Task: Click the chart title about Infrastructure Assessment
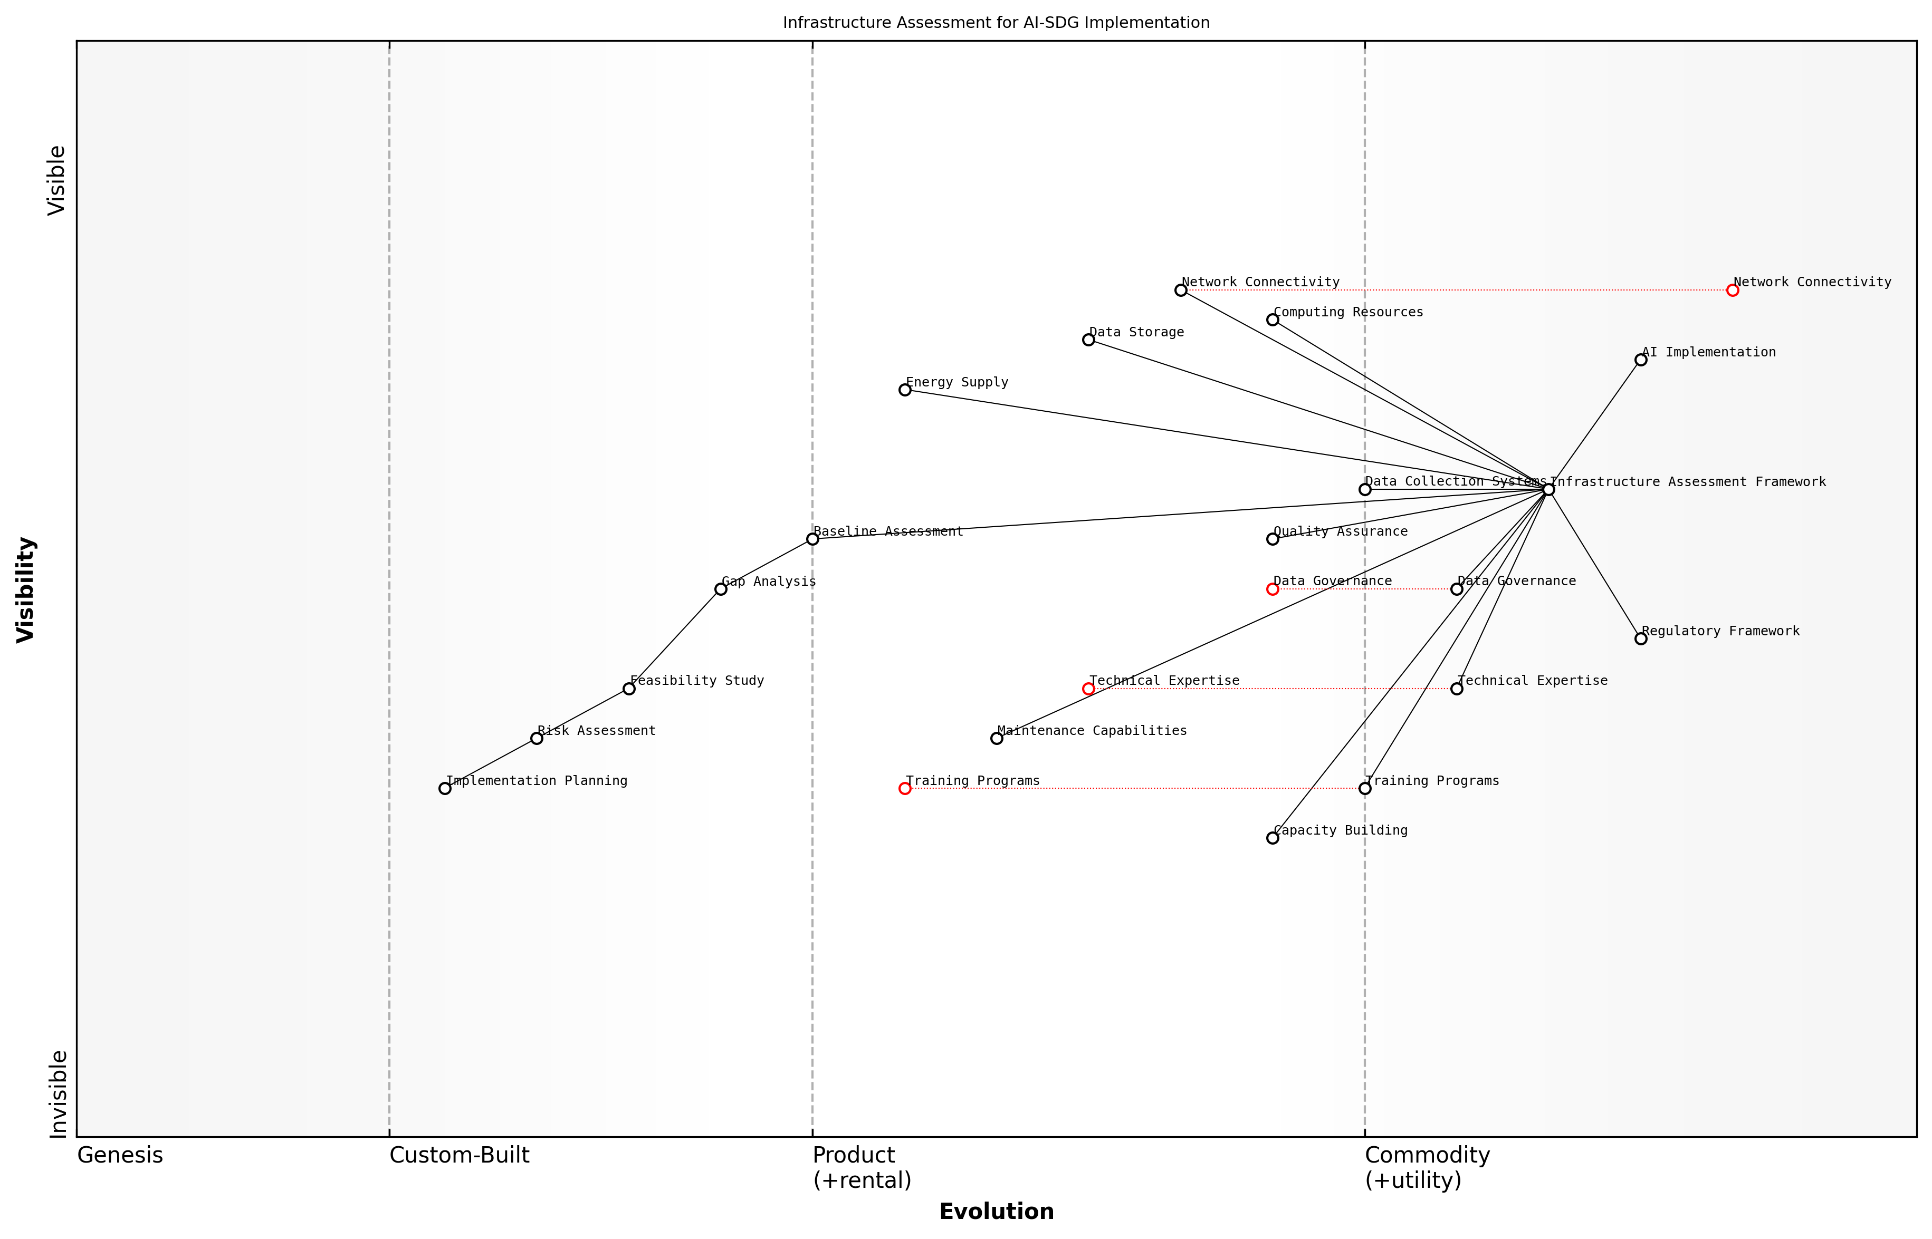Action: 996,23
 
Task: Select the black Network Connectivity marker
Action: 1180,291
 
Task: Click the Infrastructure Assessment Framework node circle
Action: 1548,489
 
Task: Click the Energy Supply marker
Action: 905,390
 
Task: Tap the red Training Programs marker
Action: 905,788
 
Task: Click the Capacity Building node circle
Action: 1273,838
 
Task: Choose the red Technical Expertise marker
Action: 1088,689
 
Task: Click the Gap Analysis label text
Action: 769,582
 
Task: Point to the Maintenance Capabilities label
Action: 1092,731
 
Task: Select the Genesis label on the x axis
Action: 120,1155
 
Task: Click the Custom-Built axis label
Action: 459,1155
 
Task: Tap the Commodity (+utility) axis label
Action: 1427,1167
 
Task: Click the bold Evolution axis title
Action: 996,1212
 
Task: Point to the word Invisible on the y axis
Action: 58,1094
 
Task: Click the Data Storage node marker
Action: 1088,340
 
